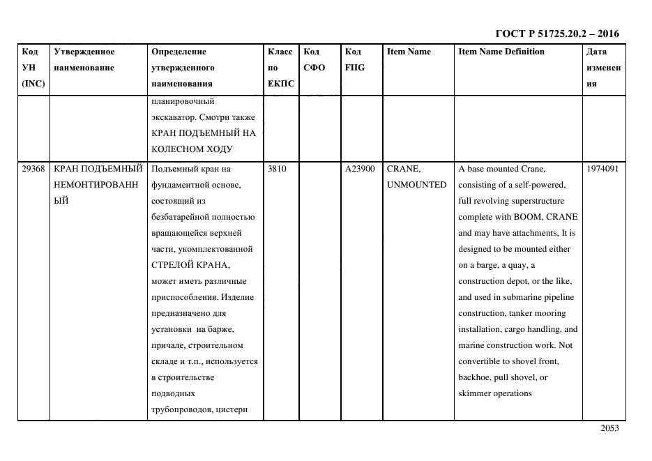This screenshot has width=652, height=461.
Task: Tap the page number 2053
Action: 609,429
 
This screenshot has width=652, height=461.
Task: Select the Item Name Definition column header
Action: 501,52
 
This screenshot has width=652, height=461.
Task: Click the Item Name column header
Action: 409,52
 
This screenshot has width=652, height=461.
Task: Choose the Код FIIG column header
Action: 354,60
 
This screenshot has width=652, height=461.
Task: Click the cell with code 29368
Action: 33,169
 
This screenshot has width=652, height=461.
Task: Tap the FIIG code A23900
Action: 360,169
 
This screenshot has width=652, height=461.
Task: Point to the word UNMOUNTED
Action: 416,185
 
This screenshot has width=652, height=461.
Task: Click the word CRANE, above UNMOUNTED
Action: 404,169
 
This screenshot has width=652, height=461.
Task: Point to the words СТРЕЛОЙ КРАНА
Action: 190,265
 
